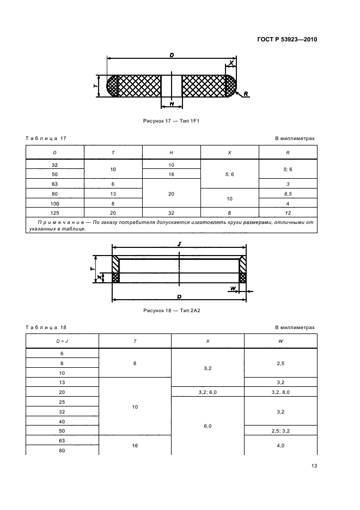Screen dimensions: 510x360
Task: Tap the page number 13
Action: (314, 465)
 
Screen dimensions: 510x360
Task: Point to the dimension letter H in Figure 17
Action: (172, 103)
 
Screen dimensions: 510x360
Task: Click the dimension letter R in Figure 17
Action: (246, 94)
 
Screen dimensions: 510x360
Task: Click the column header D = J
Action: (62, 341)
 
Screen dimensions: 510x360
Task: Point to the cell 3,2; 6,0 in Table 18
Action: (208, 392)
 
